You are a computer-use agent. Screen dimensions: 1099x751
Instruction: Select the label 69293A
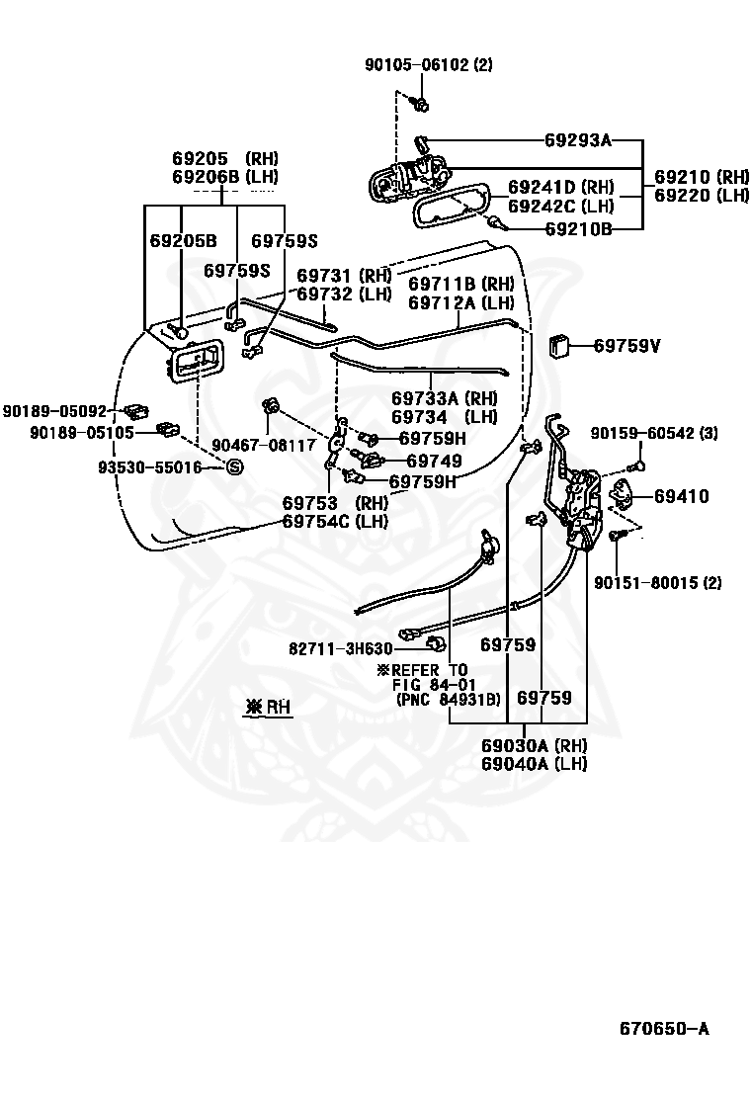click(x=578, y=140)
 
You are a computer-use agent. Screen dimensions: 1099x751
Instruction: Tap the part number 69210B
click(x=578, y=229)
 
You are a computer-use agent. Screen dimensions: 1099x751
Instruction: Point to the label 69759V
click(x=626, y=346)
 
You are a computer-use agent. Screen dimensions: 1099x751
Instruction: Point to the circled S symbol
click(x=234, y=466)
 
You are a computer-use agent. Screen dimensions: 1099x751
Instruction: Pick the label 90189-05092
click(x=53, y=411)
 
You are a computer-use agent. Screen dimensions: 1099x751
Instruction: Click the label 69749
click(x=434, y=461)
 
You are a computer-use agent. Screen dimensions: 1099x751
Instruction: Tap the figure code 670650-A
click(x=664, y=1029)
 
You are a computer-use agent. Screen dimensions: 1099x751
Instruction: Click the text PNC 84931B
click(x=448, y=700)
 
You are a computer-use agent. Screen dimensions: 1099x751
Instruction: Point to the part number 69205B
click(x=183, y=241)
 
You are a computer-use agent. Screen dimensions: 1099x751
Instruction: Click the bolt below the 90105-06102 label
click(x=421, y=104)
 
